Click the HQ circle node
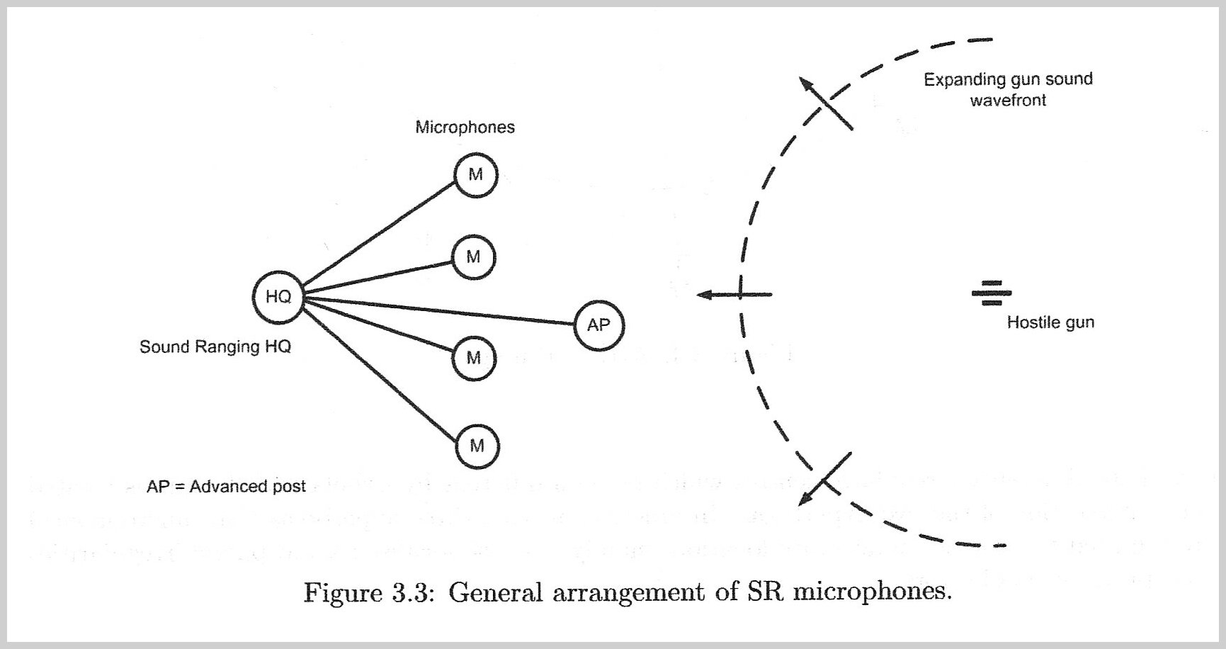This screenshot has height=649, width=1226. [x=278, y=297]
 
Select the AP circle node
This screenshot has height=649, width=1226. [x=598, y=325]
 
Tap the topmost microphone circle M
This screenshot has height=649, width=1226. [x=475, y=174]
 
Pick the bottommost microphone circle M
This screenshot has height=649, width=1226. [x=477, y=446]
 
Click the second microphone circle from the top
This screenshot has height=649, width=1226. [x=473, y=257]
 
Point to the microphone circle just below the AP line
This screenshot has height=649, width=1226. [x=474, y=358]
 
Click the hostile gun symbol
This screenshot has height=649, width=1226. [x=991, y=293]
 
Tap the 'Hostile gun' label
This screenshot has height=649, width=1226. [x=1050, y=323]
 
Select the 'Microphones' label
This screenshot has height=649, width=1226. [x=465, y=128]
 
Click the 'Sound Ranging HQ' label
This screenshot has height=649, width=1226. [x=215, y=347]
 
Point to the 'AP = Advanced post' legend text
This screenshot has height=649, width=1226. [x=226, y=487]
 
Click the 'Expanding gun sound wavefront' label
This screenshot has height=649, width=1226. [x=1008, y=89]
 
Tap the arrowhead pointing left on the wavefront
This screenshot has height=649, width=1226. [x=704, y=295]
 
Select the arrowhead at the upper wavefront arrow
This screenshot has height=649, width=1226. [x=806, y=84]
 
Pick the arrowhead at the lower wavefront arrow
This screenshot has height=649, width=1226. [x=805, y=500]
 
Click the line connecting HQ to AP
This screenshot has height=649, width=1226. [x=439, y=311]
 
